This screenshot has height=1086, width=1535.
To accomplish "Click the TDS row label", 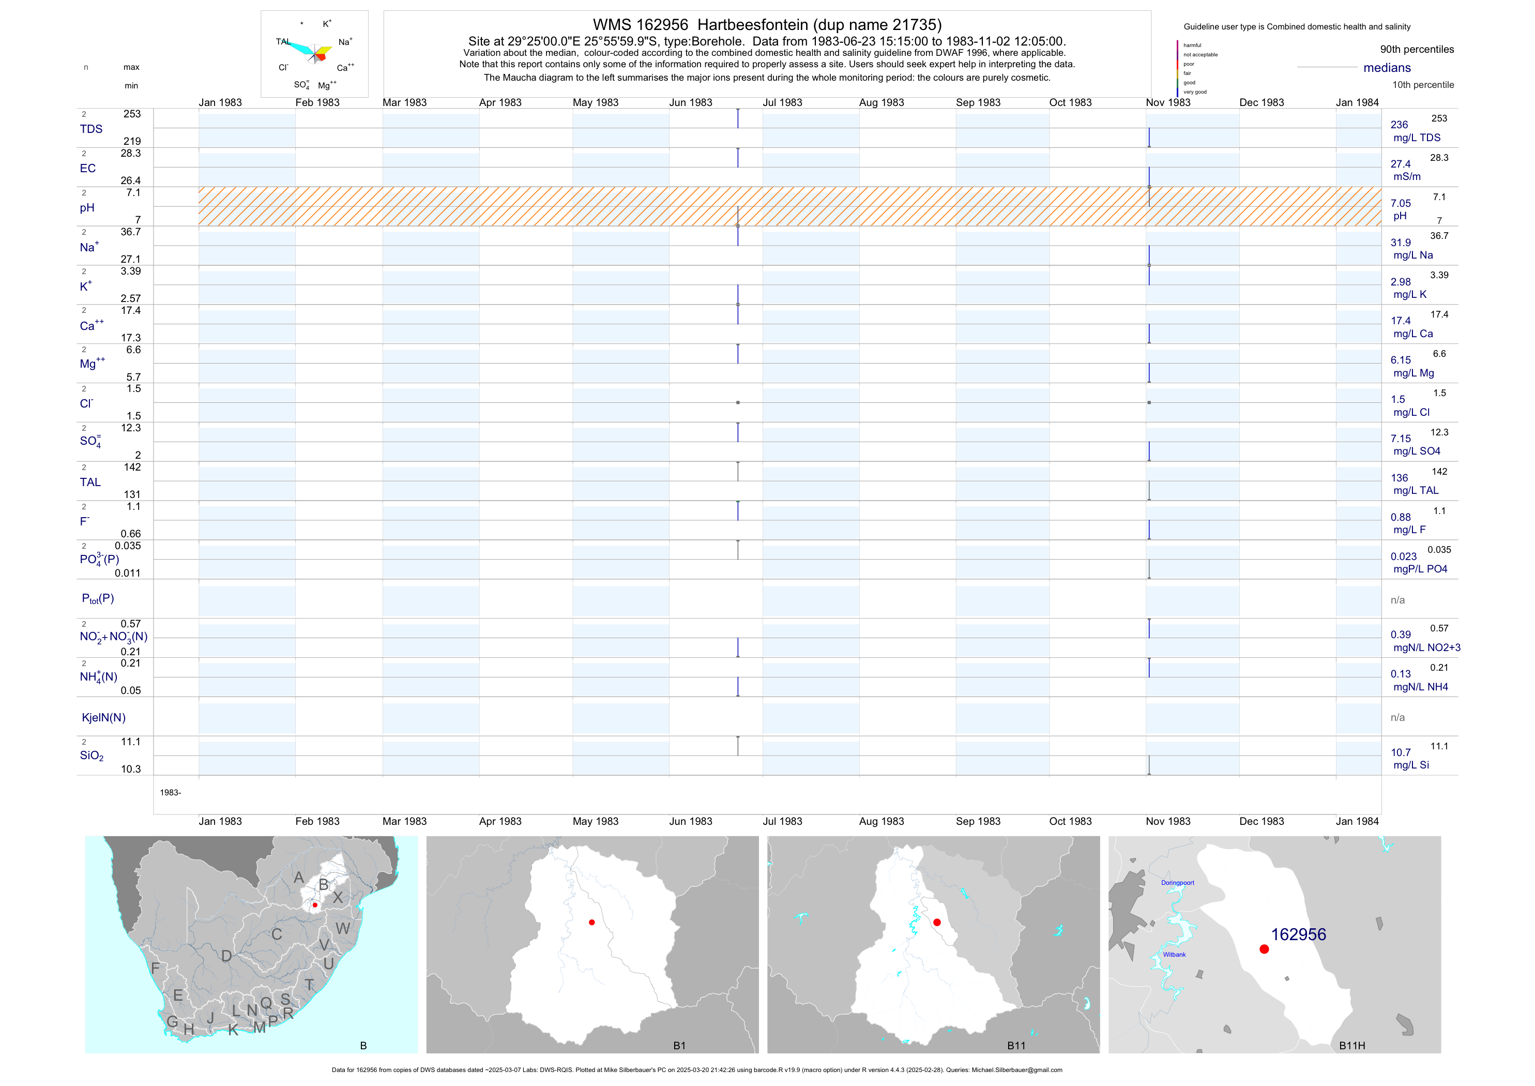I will (x=91, y=129).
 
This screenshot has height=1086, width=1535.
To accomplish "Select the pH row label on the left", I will (x=87, y=208).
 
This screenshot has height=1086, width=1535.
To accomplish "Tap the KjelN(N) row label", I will (x=103, y=718).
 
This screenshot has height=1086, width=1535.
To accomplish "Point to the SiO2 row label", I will (x=92, y=756).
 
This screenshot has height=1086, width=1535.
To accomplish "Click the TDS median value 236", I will (x=1399, y=125).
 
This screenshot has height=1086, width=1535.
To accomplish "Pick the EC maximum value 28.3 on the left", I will (x=130, y=154).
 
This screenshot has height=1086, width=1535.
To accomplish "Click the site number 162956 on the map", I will (x=1298, y=935).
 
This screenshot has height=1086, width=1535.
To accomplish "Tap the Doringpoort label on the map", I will (x=1177, y=883).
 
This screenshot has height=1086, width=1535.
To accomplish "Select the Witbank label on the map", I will (x=1174, y=955).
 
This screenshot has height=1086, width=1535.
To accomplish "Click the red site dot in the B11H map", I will (x=1264, y=949).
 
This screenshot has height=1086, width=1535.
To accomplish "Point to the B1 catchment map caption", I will (x=679, y=1046).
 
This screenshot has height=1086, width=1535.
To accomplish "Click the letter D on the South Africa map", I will (x=226, y=956).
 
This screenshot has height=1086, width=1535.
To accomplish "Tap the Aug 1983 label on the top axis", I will (x=881, y=103).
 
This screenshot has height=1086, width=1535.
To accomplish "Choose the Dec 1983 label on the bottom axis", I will (x=1262, y=821).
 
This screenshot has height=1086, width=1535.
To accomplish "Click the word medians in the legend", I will (x=1387, y=68).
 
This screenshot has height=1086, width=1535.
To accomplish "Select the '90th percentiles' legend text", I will (x=1417, y=50).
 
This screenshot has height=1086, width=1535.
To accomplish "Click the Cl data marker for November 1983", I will (x=1149, y=402).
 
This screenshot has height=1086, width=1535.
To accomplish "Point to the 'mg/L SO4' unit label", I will (x=1417, y=451).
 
